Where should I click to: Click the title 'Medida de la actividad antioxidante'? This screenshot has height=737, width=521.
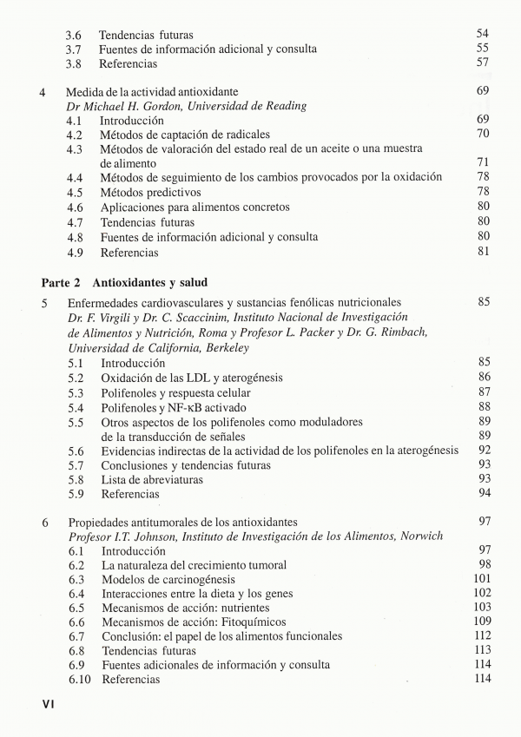152,90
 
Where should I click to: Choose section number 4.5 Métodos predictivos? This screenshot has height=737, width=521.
76,192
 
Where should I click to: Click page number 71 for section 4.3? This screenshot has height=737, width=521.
484,162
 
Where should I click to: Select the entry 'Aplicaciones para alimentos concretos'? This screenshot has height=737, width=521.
195,207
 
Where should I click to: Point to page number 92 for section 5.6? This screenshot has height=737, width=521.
484,450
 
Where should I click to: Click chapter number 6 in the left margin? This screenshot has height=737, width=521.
44,521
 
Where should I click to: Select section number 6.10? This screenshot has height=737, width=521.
78,680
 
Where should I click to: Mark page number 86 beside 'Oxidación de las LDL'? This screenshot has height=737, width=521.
484,378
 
